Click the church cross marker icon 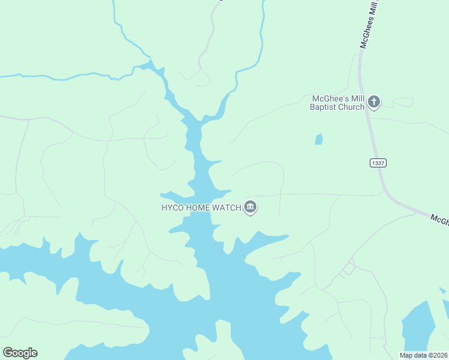(x=374, y=102)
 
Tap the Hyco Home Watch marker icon (x=250, y=208)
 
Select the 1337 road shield (x=378, y=163)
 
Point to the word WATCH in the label (x=227, y=208)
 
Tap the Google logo (x=20, y=353)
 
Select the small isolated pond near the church (x=319, y=139)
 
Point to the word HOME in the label (x=198, y=208)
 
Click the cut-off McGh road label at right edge (x=439, y=219)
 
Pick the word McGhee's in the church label (x=328, y=98)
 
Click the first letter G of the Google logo (x=8, y=353)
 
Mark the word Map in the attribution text (x=406, y=355)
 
